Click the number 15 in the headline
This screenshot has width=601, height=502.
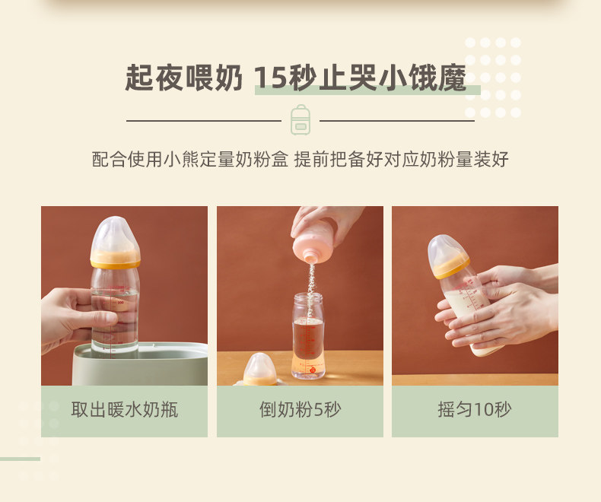[270, 78]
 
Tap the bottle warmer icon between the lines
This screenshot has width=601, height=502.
[300, 119]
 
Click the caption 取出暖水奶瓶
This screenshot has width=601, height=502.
[125, 410]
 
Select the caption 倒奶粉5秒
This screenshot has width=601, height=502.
[300, 410]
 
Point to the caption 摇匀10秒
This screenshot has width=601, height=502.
[475, 410]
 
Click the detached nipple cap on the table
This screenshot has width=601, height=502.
[260, 370]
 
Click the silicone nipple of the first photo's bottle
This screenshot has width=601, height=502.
[115, 234]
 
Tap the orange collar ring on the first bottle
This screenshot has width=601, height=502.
[116, 259]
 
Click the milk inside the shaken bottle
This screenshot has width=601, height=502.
[469, 314]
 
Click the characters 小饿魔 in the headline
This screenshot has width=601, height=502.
[422, 78]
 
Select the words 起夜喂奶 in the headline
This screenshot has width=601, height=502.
[184, 78]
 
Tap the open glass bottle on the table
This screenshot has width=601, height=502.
[308, 335]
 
